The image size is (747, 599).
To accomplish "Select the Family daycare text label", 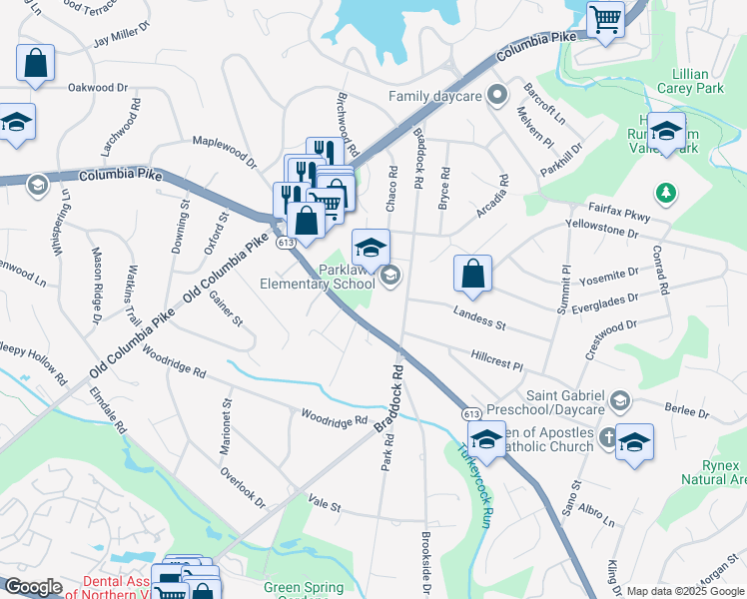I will [435, 97].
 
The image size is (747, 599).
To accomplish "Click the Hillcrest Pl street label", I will [496, 361].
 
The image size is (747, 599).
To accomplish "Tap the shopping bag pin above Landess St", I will [472, 274].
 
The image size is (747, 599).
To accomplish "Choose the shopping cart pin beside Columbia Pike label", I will [605, 20].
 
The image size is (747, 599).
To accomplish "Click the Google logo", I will [33, 587].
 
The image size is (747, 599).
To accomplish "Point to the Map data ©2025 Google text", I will [685, 591].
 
